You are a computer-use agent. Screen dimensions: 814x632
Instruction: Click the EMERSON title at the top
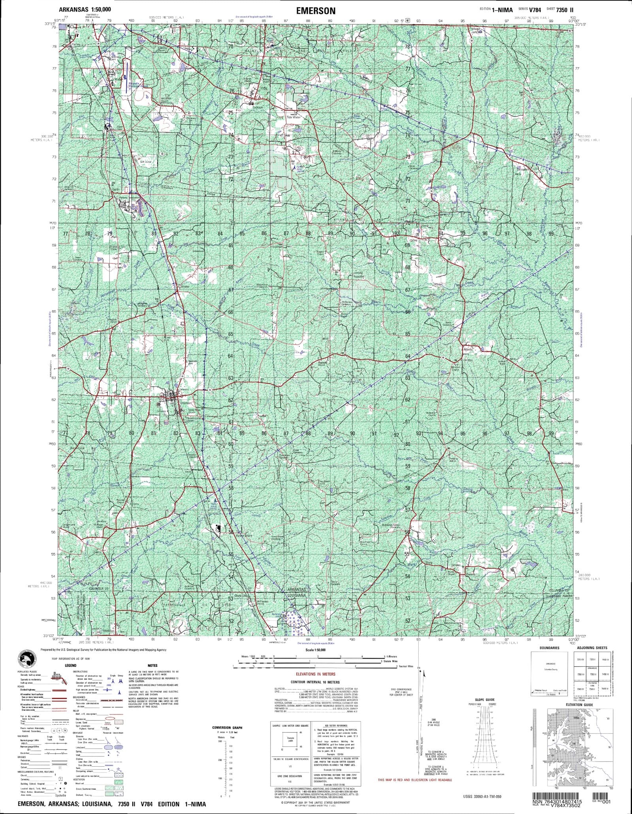click(x=316, y=11)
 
